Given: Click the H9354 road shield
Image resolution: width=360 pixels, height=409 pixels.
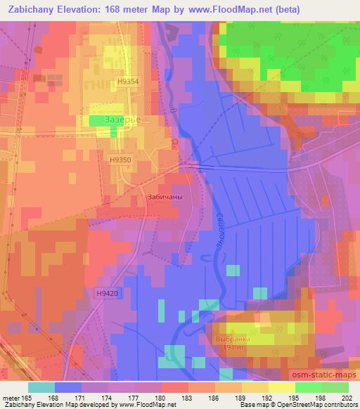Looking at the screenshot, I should [x=128, y=82].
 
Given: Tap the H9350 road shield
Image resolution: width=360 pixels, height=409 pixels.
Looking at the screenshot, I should [x=121, y=160].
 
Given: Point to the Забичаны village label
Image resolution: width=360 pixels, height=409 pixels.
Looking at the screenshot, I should [x=165, y=197].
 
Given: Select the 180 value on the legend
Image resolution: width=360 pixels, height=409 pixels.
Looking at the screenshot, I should [x=162, y=398].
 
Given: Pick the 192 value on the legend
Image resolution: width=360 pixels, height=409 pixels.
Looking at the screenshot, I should [x=267, y=398].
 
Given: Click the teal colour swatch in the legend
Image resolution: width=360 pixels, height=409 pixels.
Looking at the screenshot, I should [x=41, y=387].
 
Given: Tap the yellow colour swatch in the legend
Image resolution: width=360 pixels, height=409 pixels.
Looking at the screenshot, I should [x=281, y=387].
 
